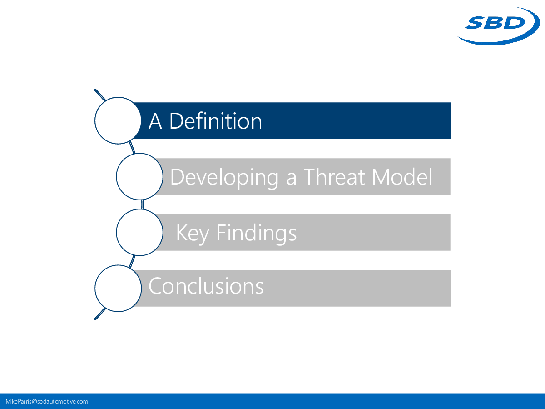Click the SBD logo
499,26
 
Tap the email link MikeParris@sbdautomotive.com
47,402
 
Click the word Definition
216,121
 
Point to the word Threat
334,177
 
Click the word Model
402,177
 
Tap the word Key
193,234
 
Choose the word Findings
257,234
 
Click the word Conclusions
206,286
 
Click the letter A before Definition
155,121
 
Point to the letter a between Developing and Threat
292,180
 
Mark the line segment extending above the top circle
100,95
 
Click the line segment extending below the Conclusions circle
100,314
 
